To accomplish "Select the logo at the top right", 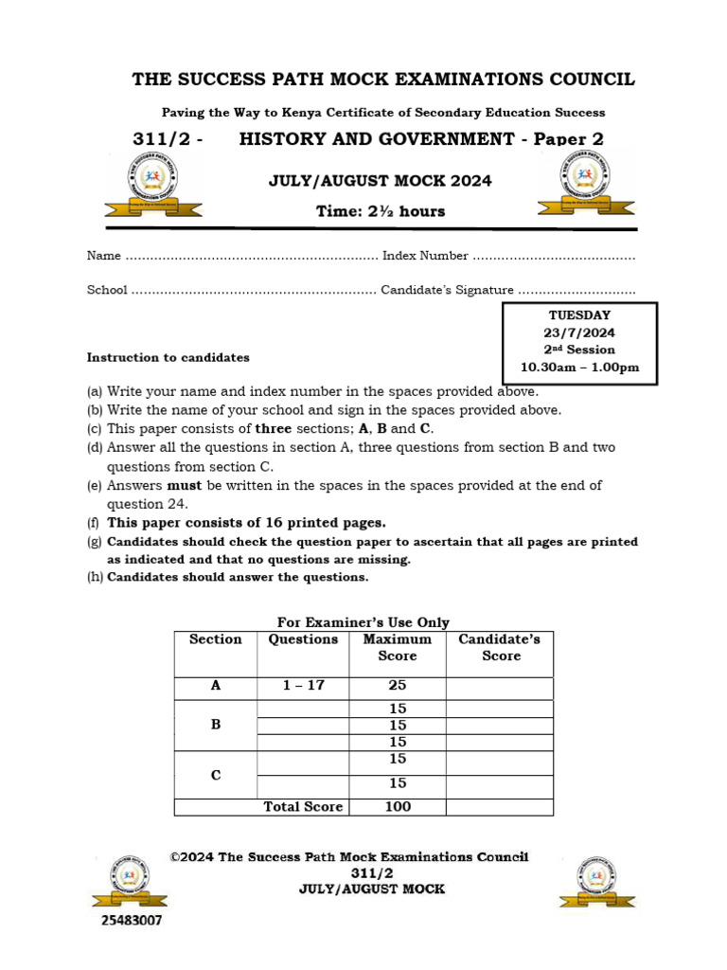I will (575, 185).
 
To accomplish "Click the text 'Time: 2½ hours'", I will (381, 211).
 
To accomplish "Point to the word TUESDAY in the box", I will (579, 314).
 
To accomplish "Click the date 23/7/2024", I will (579, 332).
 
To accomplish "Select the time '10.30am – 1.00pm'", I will (579, 368).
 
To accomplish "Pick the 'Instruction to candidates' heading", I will (168, 358).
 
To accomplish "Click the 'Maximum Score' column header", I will (397, 647).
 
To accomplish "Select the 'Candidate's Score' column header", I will (499, 647).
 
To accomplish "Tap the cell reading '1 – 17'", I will (303, 685).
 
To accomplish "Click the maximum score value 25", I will (397, 685).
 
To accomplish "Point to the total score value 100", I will (397, 807).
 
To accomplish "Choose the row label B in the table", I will (216, 725).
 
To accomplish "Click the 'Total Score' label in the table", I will (303, 807).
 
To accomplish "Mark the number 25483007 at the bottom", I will (132, 920).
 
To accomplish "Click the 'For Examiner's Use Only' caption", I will (363, 622).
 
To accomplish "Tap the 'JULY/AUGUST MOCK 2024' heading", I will (381, 181).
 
